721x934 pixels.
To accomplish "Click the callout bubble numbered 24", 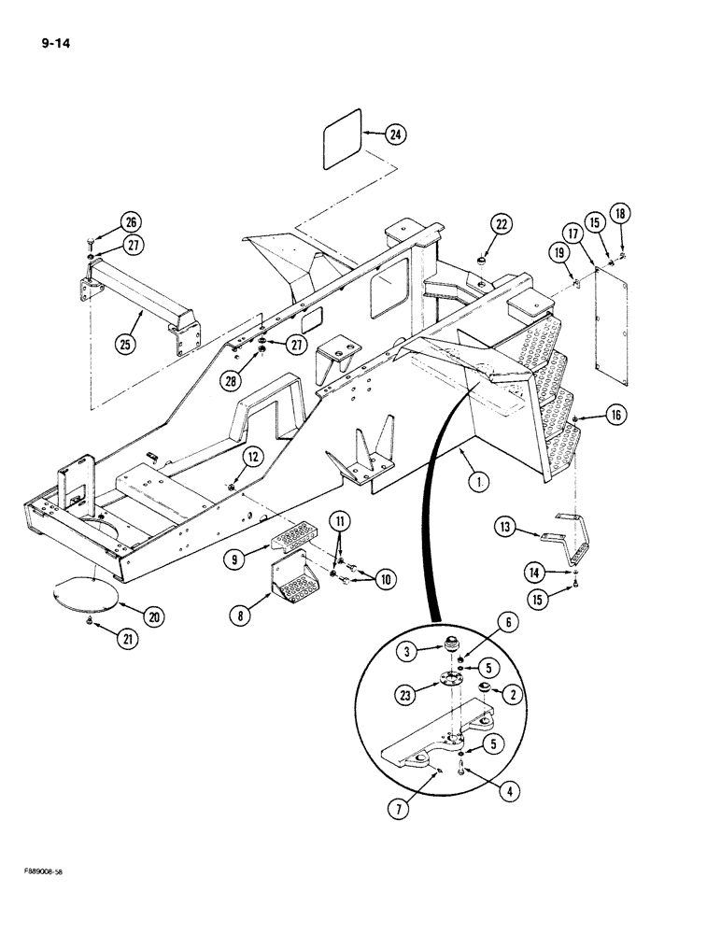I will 396,135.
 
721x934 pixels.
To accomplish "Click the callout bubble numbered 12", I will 253,456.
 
